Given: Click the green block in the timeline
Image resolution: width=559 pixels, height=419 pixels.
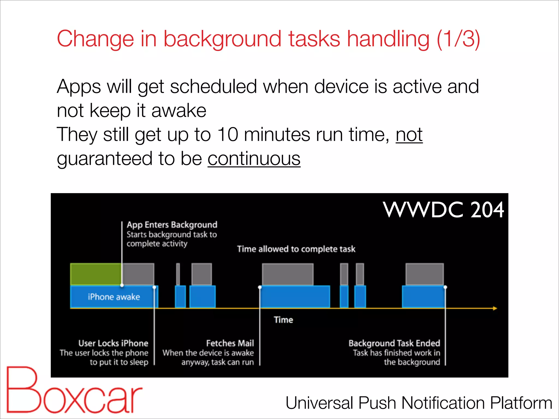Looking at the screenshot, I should point(96,274).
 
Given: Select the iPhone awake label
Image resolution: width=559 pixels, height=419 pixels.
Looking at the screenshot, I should point(114,297).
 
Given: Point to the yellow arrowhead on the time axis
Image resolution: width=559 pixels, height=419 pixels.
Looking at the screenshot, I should point(495,308).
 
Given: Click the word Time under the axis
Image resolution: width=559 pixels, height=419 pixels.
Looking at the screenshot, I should point(283,320).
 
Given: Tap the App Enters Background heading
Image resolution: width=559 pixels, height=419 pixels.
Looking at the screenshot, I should point(172,225).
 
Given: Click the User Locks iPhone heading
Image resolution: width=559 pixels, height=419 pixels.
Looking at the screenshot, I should point(113,343).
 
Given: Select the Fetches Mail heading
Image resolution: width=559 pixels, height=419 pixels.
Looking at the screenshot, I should point(230,343).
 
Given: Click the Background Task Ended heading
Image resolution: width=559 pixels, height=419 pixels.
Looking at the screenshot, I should point(394,343).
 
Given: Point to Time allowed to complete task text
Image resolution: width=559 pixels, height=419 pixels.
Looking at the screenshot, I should point(296,249).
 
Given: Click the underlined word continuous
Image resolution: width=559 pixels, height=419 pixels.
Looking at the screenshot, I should point(254,159).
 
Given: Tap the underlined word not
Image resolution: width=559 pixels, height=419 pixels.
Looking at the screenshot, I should point(409,135).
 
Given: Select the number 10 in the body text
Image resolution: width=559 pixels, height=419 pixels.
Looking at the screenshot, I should point(228,135).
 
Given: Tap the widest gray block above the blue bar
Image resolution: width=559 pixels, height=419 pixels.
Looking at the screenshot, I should point(288,274).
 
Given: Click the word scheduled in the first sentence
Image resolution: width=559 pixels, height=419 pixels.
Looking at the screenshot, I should point(213,87).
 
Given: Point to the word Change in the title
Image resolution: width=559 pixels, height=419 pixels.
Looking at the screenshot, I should point(95,39).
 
